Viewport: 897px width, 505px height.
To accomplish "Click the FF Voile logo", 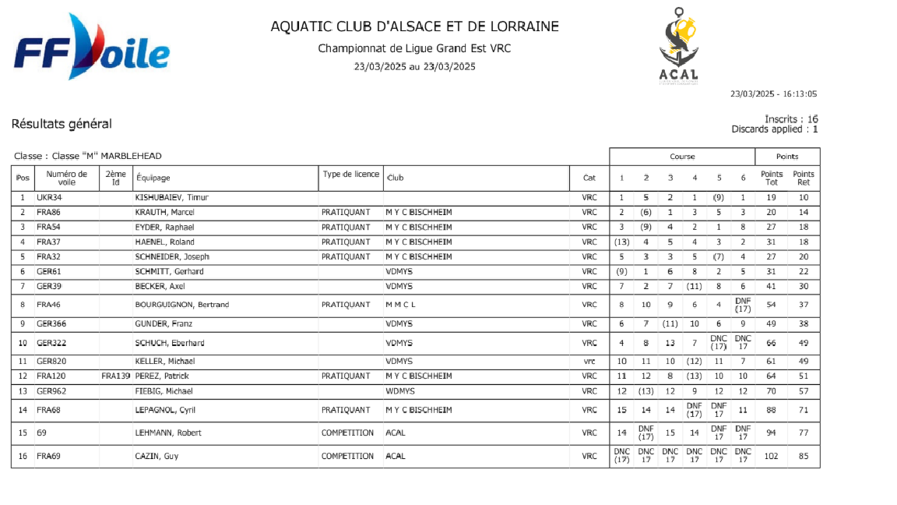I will click(91, 48).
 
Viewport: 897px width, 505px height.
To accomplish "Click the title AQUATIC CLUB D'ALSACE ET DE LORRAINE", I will click(414, 26).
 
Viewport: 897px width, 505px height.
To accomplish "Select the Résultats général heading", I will click(62, 124).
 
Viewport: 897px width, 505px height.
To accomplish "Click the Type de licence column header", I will click(350, 175).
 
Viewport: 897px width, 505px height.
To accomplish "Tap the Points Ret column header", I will click(803, 178).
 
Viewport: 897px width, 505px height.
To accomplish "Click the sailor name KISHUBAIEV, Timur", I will click(172, 197).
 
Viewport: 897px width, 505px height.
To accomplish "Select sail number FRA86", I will click(49, 212).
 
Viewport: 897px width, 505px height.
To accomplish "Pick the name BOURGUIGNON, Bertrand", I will click(182, 305).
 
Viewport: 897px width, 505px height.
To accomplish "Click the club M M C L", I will click(401, 305).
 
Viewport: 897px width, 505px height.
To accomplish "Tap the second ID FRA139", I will click(115, 376).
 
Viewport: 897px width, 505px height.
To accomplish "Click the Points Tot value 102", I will click(771, 456).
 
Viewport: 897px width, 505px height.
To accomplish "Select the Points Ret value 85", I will click(803, 456).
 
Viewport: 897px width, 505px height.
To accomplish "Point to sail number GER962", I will click(51, 390).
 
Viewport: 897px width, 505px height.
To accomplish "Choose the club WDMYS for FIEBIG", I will click(400, 390).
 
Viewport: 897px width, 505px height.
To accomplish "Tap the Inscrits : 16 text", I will click(791, 119).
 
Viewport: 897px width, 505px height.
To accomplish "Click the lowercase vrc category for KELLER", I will click(589, 361).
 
